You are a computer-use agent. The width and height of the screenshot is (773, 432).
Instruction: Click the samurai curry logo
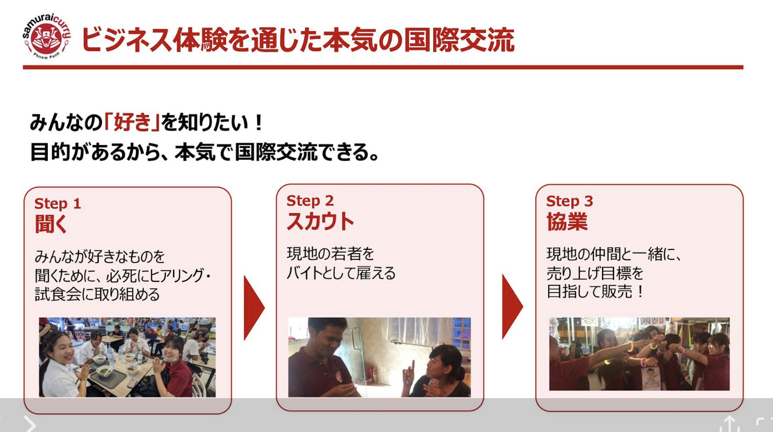pos(47,37)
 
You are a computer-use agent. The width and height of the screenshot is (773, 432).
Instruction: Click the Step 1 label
pos(58,204)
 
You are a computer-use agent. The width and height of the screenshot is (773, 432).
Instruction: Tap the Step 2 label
pos(310,201)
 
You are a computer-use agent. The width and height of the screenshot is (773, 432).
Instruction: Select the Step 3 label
pos(569,201)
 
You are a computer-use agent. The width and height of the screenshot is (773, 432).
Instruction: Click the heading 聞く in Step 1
pos(51,224)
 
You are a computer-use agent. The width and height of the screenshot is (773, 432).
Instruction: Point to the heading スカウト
pos(320,221)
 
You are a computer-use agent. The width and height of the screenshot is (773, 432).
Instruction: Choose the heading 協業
pos(567,222)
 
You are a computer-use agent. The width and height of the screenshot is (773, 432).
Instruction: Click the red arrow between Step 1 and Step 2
pos(254,308)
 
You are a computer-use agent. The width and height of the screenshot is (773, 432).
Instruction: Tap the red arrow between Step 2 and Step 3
pos(513,307)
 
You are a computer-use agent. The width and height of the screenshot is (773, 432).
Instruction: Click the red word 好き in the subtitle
pos(133,123)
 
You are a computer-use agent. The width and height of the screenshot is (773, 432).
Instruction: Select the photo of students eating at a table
pos(127,357)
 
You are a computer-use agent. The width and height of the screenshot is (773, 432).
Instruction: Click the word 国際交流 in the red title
pos(459,40)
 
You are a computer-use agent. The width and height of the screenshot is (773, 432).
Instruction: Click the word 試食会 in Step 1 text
pos(58,294)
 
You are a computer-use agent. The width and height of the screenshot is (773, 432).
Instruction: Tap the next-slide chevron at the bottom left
pos(30,424)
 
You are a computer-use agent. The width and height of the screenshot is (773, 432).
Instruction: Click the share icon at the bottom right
pos(729,424)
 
